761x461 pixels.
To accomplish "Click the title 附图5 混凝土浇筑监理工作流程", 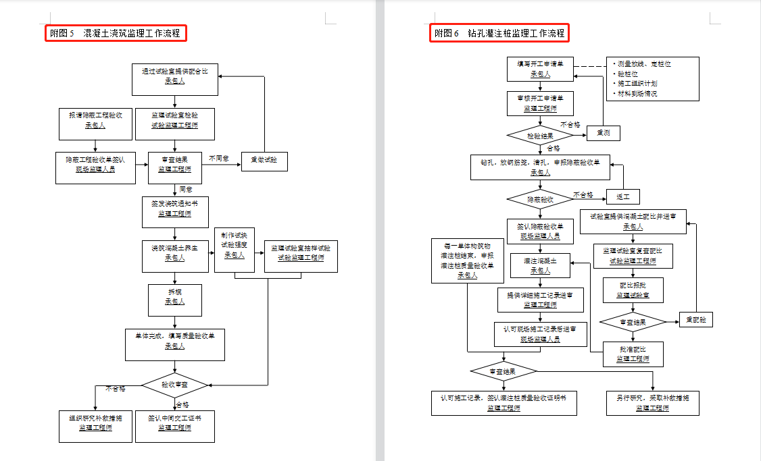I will (117, 32).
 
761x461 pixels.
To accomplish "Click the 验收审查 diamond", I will (175, 385).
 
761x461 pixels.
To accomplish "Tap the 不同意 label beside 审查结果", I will (218, 159).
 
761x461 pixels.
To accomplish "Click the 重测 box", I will (603, 134).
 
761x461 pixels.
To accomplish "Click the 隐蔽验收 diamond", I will (540, 200).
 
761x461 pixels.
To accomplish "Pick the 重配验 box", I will (696, 320).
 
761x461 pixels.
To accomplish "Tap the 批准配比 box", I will (633, 354).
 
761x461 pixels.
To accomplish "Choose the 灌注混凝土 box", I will (540, 266).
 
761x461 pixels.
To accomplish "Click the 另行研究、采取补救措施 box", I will (652, 403).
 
